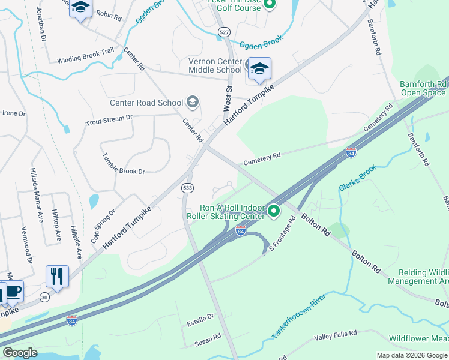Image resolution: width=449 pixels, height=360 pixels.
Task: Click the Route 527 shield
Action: (224, 32)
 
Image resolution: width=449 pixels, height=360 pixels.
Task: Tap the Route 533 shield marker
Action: (187, 188)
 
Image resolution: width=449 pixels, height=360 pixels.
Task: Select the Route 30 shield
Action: (44, 298)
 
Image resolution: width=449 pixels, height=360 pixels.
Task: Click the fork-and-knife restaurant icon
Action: (57, 276)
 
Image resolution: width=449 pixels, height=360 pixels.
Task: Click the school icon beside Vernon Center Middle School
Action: (259, 69)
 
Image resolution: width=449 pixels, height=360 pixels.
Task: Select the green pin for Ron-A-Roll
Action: (274, 211)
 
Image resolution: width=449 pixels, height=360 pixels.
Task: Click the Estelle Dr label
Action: (201, 317)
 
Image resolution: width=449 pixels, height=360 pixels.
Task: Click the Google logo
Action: (19, 353)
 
